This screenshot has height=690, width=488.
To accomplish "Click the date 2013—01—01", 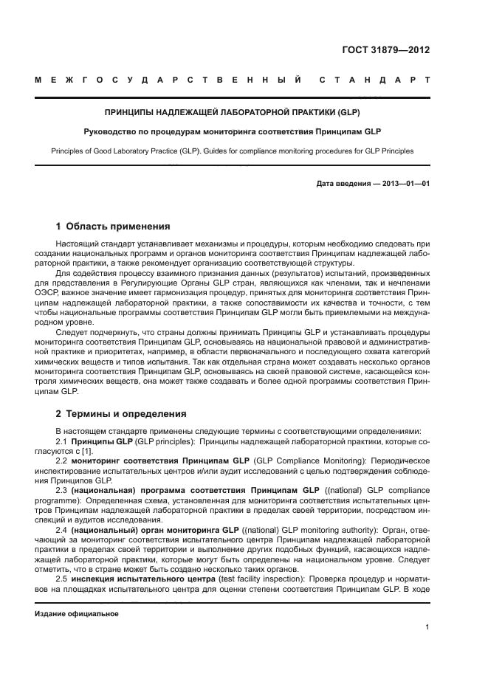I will [402, 184].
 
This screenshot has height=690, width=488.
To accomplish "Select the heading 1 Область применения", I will [113, 226].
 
